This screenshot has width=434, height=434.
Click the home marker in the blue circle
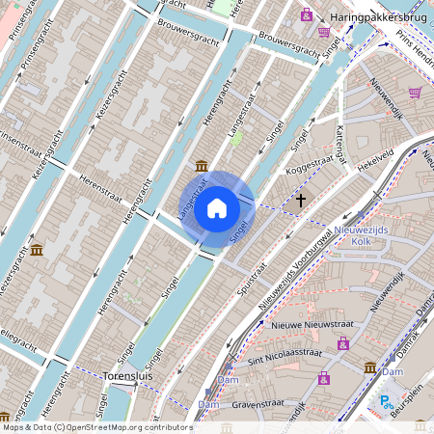coord(217,207)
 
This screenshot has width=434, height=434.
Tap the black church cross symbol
coord(301,200)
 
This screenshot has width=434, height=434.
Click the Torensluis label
coord(127,375)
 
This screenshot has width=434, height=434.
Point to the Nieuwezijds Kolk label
coord(361,237)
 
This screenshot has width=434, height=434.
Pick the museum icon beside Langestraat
coord(201,166)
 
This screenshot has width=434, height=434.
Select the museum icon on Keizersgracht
coord(37,251)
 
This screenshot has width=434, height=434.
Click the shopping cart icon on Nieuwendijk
coord(415,93)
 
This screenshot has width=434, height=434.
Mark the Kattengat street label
coord(339,145)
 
